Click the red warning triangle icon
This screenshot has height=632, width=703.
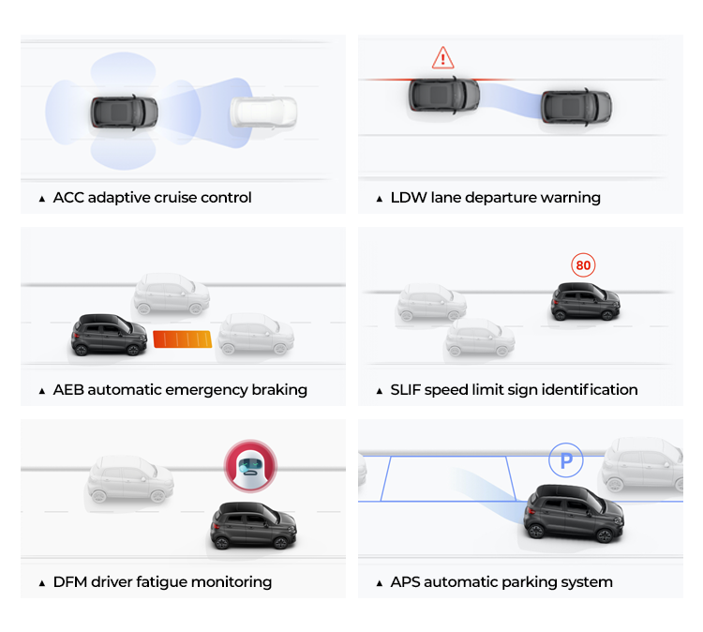[x=442, y=58]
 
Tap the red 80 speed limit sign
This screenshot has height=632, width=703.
[x=583, y=265]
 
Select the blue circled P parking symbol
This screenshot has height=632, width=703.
[x=565, y=460]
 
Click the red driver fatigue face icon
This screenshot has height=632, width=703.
[x=249, y=465]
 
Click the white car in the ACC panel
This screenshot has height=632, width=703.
[x=263, y=113]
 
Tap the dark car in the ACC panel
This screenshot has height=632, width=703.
[x=125, y=113]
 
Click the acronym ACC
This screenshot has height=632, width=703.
[x=68, y=198]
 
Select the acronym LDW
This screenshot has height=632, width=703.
[x=407, y=198]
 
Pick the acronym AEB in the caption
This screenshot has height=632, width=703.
[x=68, y=390]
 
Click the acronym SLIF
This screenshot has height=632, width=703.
[x=406, y=390]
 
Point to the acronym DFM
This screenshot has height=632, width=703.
[x=69, y=582]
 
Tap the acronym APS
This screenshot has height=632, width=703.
[x=406, y=582]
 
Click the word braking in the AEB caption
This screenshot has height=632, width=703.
[x=280, y=390]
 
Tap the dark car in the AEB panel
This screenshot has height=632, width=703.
[x=110, y=335]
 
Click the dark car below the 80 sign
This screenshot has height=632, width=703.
[x=585, y=301]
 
